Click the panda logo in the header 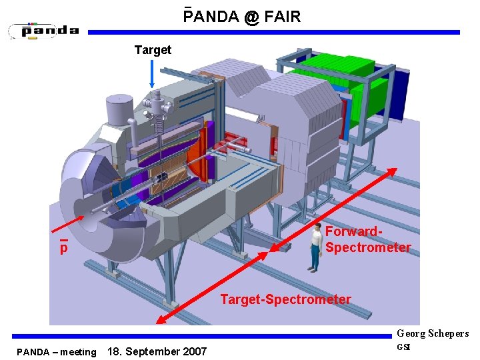pos(44,31)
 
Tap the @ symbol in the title pos(251,17)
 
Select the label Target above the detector pos(153,50)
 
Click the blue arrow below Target pos(153,73)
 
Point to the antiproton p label pos(63,248)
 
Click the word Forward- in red pos(353,232)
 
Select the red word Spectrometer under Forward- pos(368,248)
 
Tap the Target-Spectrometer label pos(285,299)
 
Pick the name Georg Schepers pos(433,333)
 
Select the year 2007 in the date pos(193,351)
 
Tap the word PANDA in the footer pos(33,352)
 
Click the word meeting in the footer pos(78,352)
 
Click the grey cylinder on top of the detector pos(119,109)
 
